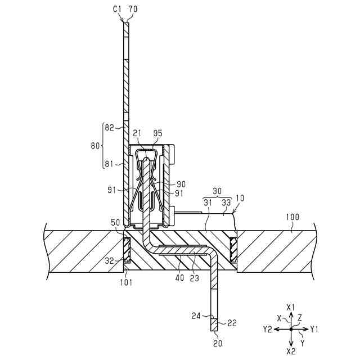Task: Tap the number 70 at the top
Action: (x=133, y=8)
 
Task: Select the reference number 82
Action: (x=109, y=128)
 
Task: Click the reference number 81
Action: (x=109, y=164)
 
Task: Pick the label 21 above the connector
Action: (x=137, y=133)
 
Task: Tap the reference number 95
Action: (x=157, y=133)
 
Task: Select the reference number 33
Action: (x=226, y=202)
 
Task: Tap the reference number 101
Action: (x=125, y=282)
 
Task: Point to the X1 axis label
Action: (x=291, y=307)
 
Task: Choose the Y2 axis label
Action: (x=268, y=329)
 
